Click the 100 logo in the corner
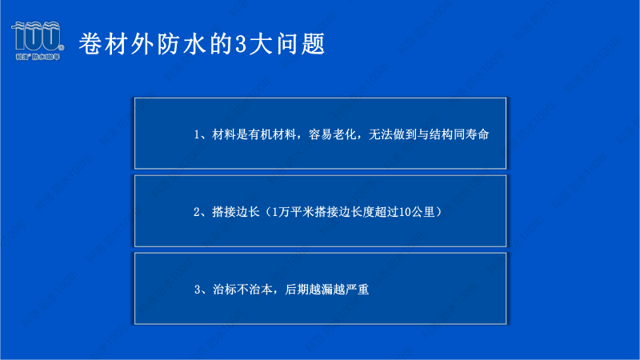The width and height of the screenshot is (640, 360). point(37,40)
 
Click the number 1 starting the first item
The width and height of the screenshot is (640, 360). point(197,134)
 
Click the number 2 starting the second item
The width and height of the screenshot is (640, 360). point(197,212)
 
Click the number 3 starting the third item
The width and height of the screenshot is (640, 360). point(197,290)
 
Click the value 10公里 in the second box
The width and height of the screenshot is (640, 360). point(415,212)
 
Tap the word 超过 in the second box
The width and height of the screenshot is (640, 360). point(386,212)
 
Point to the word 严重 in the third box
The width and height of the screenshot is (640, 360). point(355,290)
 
